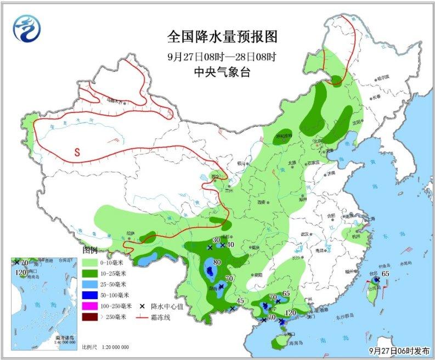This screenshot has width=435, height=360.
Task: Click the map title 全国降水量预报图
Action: [x=222, y=37]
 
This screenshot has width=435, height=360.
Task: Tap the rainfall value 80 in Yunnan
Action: [x=217, y=262]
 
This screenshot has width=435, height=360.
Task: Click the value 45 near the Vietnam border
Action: [x=240, y=300]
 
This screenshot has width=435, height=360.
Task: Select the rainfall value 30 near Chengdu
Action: [x=216, y=240]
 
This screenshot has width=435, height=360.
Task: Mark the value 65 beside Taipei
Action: [x=385, y=273]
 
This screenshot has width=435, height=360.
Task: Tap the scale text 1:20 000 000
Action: [x=114, y=347]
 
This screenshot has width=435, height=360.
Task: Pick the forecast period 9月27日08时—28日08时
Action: [x=222, y=57]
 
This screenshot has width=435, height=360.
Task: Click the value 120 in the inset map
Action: [x=21, y=272]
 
